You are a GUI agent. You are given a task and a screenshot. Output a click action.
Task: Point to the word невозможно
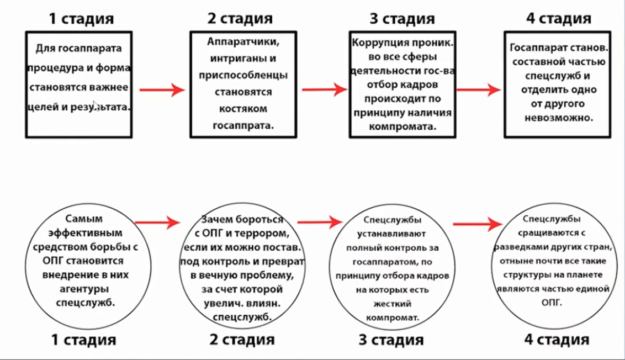point(559,118)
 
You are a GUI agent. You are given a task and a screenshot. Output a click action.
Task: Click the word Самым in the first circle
point(85,219)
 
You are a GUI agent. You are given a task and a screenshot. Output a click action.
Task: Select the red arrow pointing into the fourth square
point(478,89)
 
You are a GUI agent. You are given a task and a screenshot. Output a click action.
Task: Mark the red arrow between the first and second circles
point(157,223)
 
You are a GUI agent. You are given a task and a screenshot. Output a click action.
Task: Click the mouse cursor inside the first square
point(95,104)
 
